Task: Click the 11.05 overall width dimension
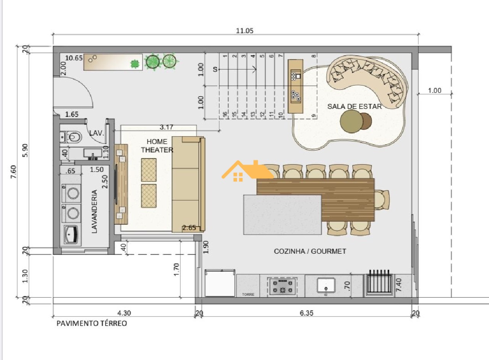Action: (244, 31)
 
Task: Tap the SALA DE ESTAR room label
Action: (354, 107)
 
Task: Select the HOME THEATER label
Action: (157, 146)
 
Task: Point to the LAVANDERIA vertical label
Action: (94, 211)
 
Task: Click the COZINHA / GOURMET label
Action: (310, 251)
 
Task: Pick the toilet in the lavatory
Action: (71, 137)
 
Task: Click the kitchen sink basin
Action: (326, 285)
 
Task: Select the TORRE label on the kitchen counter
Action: (248, 295)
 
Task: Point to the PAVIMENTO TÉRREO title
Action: (92, 323)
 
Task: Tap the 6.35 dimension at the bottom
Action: (306, 313)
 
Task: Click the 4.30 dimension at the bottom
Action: (124, 313)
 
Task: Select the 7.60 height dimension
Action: (13, 172)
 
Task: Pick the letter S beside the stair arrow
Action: (215, 70)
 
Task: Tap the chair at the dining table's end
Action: (382, 200)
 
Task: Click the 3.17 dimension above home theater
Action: (166, 127)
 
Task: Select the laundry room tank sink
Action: (71, 235)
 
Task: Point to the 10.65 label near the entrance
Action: (74, 58)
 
